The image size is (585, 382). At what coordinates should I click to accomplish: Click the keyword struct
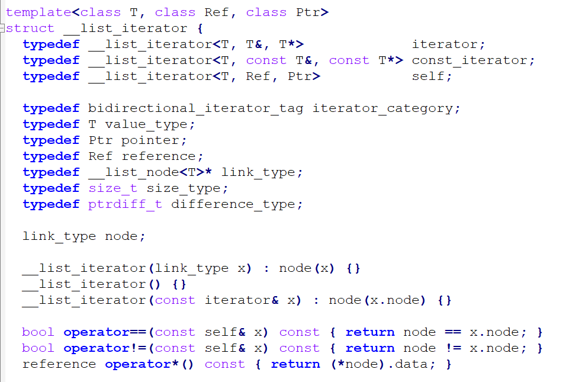pos(30,28)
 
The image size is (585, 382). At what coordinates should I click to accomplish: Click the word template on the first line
pos(38,12)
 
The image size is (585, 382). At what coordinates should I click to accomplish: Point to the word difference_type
pos(235,204)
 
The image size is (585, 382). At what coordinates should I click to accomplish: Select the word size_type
pos(185,188)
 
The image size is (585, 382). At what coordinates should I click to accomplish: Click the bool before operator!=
pos(38,348)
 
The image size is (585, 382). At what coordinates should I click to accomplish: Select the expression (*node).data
pos(380,364)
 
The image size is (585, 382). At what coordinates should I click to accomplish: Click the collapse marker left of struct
pos(2,28)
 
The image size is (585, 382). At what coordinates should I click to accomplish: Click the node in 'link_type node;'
pos(121,236)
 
